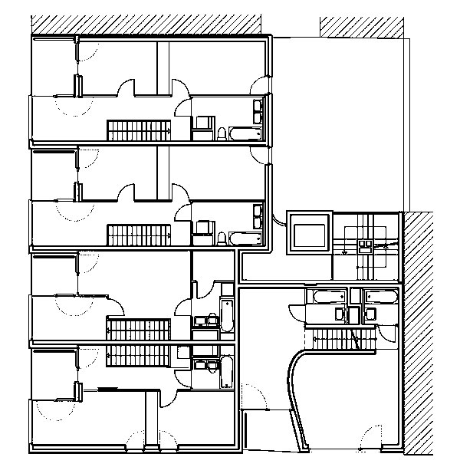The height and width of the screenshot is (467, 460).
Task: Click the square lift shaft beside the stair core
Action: click(309, 232)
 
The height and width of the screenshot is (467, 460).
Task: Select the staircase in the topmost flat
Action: click(138, 130)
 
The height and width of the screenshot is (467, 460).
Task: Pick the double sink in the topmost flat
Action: click(258, 114)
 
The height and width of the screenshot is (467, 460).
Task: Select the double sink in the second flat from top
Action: click(258, 218)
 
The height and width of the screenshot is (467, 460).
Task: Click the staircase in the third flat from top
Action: click(138, 331)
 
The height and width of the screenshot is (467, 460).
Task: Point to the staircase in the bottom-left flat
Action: click(138, 355)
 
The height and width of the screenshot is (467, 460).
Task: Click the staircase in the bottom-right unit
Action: click(340, 337)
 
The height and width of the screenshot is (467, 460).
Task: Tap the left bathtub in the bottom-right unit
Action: click(327, 296)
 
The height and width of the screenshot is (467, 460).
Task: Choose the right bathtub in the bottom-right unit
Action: click(382, 296)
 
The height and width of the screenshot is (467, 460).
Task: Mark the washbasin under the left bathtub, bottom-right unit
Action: click(340, 314)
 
